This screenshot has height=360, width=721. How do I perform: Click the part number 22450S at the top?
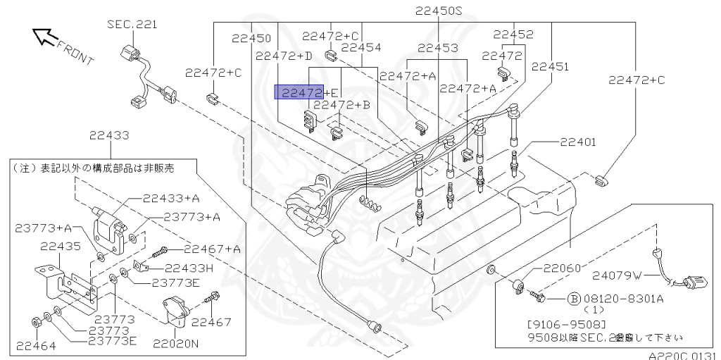click(439, 11)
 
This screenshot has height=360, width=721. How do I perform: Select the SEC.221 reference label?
click(132, 25)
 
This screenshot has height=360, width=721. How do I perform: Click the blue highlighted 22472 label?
click(299, 92)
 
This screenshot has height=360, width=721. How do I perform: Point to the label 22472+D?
click(284, 56)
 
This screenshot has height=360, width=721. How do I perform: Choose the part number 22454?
click(361, 48)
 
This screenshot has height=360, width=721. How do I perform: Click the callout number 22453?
click(438, 48)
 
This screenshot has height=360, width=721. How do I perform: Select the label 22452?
click(513, 34)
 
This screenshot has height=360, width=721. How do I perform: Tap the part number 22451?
click(551, 67)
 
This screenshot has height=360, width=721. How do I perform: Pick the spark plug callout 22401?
click(578, 142)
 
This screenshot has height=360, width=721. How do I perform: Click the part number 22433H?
click(188, 268)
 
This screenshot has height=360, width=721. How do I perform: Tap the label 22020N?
click(176, 343)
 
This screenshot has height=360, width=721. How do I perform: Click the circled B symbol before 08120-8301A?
click(573, 299)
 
